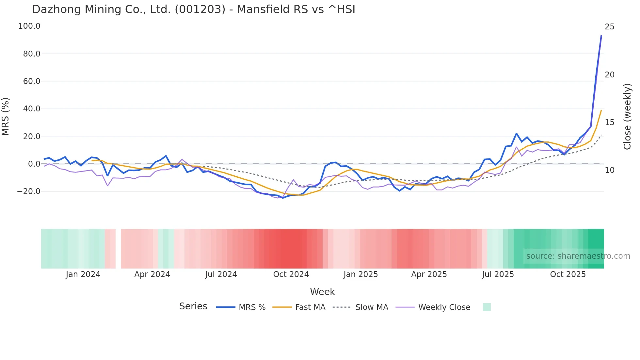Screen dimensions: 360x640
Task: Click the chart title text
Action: coord(193,9)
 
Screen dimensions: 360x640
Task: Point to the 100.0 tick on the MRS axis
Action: coord(29,26)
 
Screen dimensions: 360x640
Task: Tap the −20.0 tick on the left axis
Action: coord(29,191)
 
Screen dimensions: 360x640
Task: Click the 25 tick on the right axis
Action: coord(609,27)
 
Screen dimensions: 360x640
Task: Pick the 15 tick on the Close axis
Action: coord(609,123)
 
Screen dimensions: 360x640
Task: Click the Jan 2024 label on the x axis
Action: coord(83,274)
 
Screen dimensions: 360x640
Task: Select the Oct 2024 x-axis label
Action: coord(291,274)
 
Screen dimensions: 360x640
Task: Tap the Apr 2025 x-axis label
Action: coord(429,274)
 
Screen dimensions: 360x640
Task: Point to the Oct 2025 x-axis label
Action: coord(568,274)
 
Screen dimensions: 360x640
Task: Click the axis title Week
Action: coord(322,292)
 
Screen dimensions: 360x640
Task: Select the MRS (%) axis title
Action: coord(6,116)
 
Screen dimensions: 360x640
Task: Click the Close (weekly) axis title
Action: coord(627,117)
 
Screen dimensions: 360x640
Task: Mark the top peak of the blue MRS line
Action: coord(601,36)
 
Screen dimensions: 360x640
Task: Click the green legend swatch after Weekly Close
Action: coord(487,307)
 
